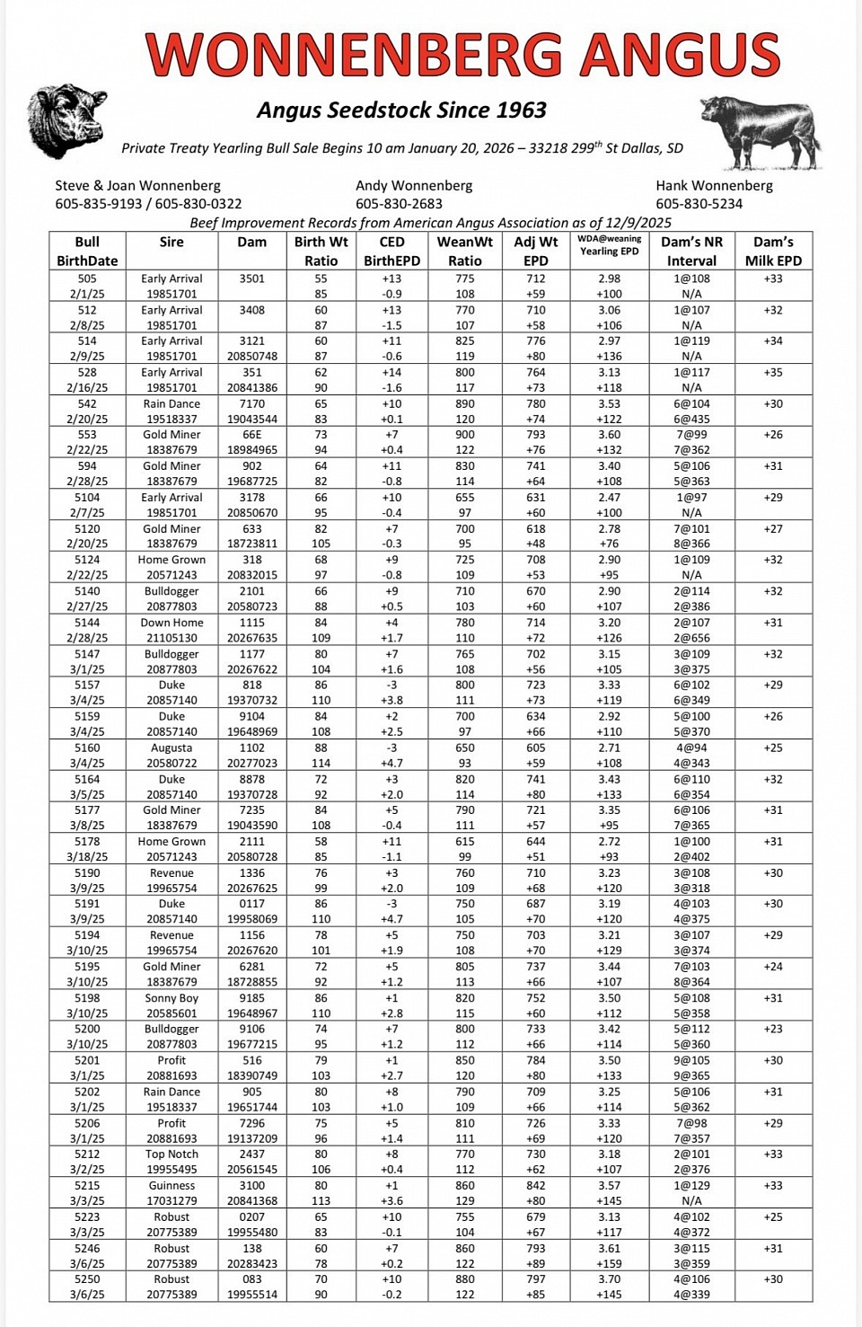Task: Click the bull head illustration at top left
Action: [66, 120]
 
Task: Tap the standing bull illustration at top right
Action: [759, 133]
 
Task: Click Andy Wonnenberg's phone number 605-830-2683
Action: [399, 204]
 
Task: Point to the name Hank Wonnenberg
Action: [714, 186]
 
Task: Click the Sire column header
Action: [172, 243]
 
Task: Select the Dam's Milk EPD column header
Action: [773, 252]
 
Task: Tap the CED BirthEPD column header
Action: [391, 252]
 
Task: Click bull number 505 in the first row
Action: [87, 279]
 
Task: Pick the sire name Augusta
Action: [172, 748]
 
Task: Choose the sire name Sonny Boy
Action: [172, 998]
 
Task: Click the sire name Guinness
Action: [172, 1186]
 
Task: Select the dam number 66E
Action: [252, 435]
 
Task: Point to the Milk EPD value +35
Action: [773, 372]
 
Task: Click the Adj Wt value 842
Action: [536, 1186]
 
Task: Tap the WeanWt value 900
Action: [465, 435]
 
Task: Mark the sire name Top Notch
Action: [172, 1154]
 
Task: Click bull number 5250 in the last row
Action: [87, 1279]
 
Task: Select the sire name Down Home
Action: [172, 623]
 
